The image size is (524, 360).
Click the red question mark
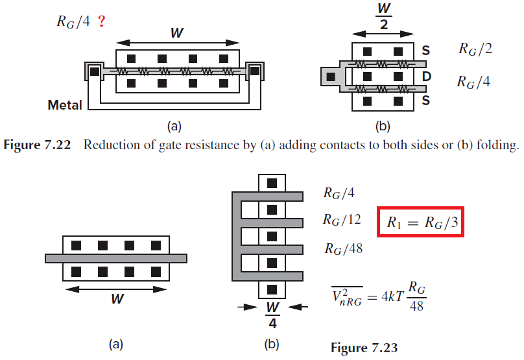pos(102,21)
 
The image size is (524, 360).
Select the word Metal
pos(65,105)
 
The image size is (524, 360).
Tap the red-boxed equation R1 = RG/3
pos(420,222)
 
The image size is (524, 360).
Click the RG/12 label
pos(342,220)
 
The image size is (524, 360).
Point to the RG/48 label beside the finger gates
pos(344,248)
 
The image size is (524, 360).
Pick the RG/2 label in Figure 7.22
pos(475,49)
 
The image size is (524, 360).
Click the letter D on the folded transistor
pos(426,77)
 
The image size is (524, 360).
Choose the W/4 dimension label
pos(272,315)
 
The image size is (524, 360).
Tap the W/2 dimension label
pos(384,16)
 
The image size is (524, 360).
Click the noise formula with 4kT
pos(379,296)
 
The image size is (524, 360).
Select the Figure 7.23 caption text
pos(364,348)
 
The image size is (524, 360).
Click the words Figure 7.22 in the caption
pos(37,145)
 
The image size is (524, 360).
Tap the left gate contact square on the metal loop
pos(95,71)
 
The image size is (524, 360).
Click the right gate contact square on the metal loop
pos(255,71)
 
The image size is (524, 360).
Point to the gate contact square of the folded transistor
pos(331,77)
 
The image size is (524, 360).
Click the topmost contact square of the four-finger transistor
pos(272,183)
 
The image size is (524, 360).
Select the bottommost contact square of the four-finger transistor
pos(272,289)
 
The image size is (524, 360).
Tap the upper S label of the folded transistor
pos(425,51)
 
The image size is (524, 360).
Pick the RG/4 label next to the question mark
pos(73,21)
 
